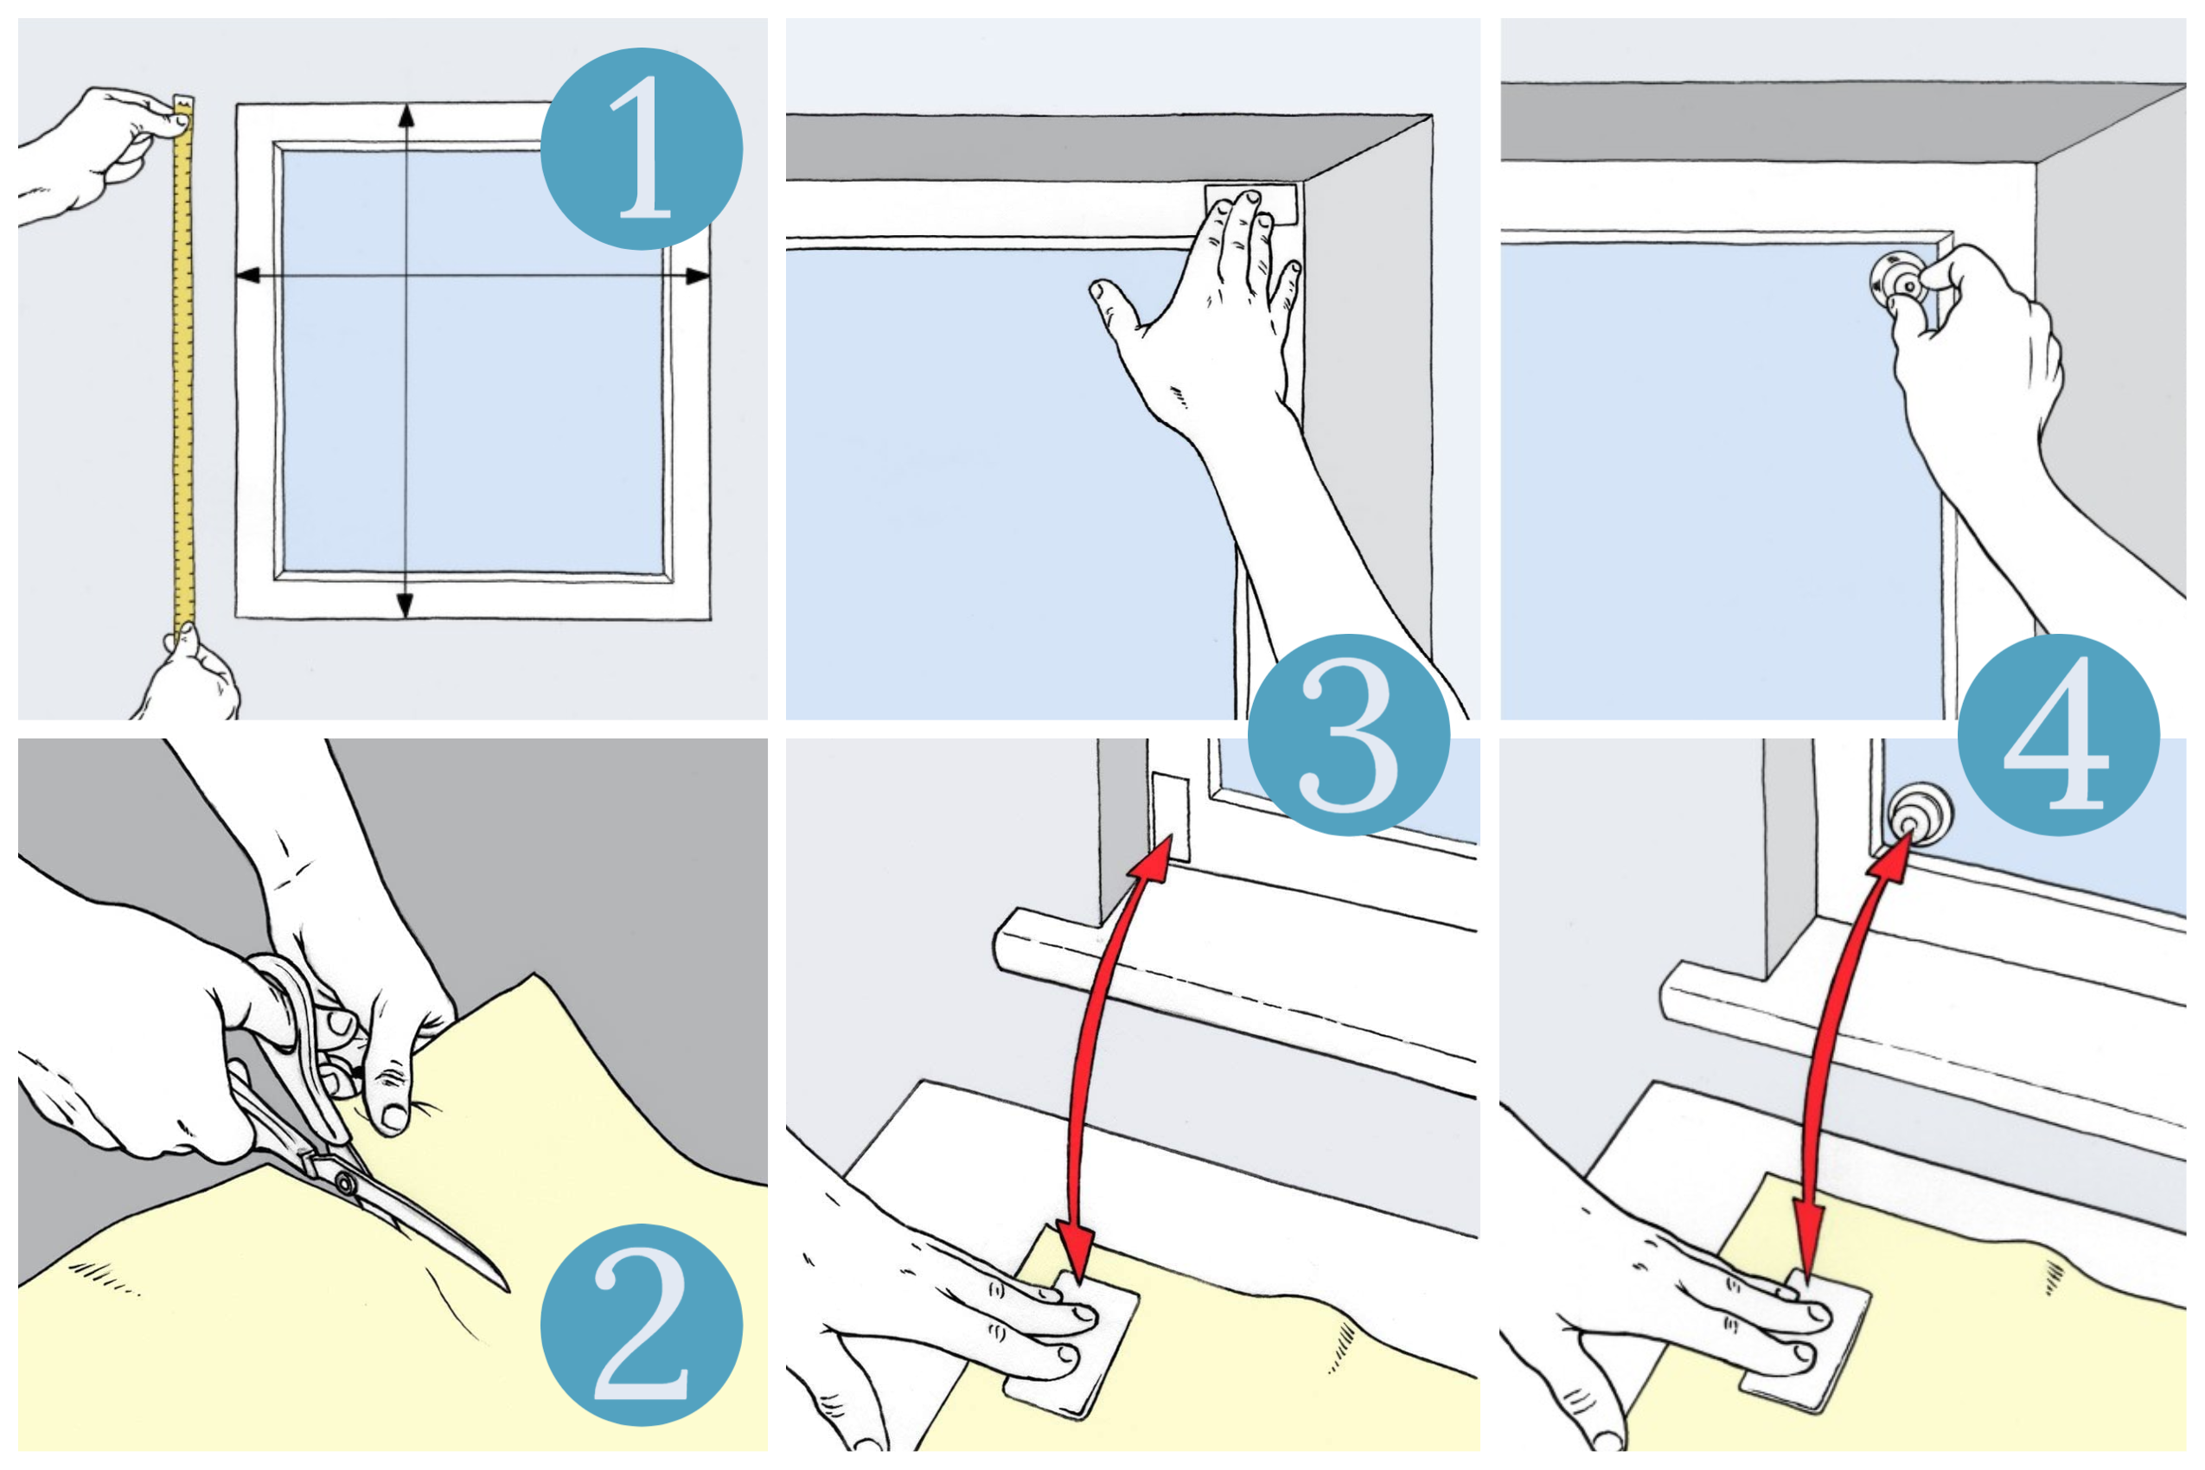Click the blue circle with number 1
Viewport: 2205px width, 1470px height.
(x=642, y=148)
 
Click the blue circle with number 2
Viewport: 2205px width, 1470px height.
(x=642, y=1324)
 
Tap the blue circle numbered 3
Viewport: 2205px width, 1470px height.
(x=1348, y=734)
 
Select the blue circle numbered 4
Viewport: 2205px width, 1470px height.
(x=2058, y=734)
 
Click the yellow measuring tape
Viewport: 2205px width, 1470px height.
(x=183, y=375)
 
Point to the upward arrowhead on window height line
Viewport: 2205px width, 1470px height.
(x=406, y=116)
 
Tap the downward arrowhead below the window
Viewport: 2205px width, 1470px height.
(x=406, y=605)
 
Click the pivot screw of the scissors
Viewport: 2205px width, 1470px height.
(x=346, y=1184)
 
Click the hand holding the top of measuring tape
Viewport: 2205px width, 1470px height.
(x=103, y=150)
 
